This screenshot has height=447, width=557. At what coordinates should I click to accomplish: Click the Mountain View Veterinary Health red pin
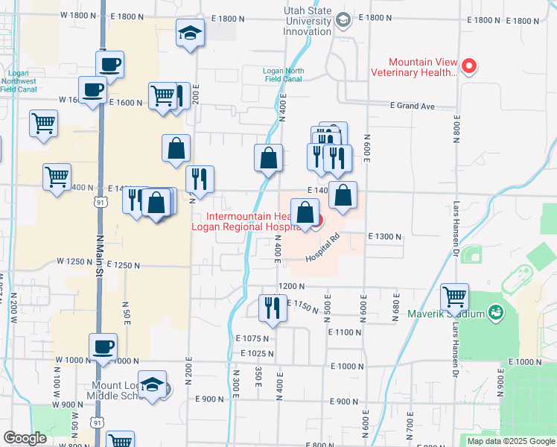(x=469, y=66)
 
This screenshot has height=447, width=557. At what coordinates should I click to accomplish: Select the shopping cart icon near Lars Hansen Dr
(x=454, y=297)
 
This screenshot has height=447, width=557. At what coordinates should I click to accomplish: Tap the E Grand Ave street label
(x=412, y=106)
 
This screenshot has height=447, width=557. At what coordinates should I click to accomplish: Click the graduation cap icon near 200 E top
(x=190, y=33)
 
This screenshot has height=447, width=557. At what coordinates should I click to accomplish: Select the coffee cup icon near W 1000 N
(x=104, y=346)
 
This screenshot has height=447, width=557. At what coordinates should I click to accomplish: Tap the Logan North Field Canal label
(x=282, y=74)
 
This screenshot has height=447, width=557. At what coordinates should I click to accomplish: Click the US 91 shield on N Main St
(x=99, y=202)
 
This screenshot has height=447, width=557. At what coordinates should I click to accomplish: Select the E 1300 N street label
(x=384, y=236)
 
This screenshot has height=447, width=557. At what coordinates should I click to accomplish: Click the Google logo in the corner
(x=25, y=437)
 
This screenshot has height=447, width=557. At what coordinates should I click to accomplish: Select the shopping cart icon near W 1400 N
(x=57, y=177)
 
